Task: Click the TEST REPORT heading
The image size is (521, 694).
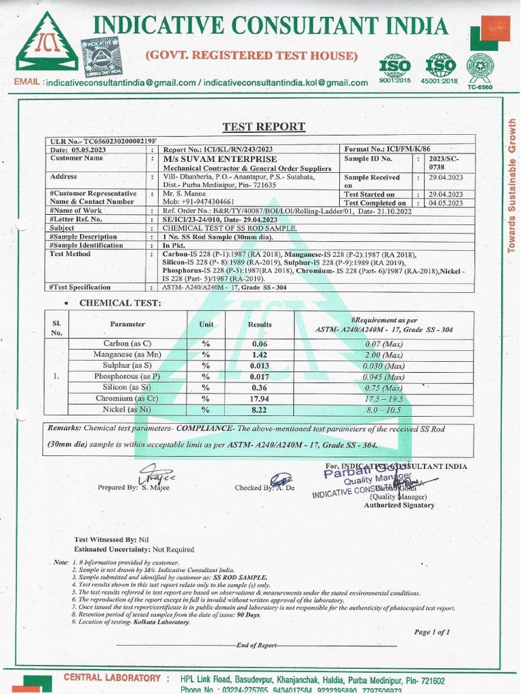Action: pos(264,127)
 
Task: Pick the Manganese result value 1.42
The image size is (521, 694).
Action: pos(259,355)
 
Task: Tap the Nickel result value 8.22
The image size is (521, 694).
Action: pos(259,409)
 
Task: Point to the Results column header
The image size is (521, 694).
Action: pos(259,325)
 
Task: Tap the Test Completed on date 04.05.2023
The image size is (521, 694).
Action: pos(446,203)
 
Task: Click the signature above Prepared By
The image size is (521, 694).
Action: pos(156,475)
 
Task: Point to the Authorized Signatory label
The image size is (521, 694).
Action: pos(399,505)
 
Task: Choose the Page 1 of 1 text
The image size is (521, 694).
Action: pos(431,632)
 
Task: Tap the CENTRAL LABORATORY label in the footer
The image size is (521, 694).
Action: pos(112,678)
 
